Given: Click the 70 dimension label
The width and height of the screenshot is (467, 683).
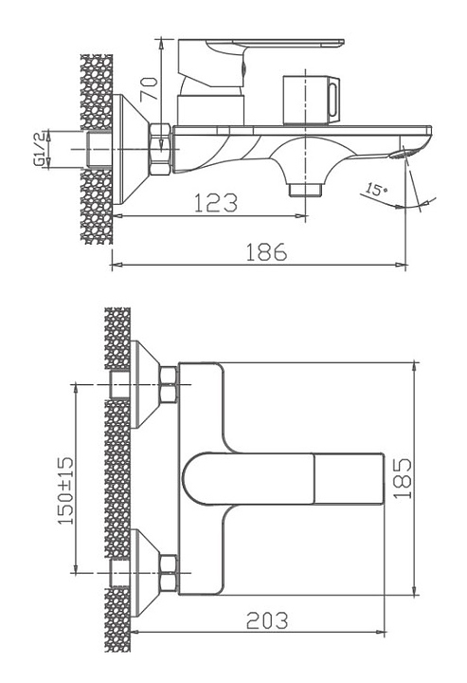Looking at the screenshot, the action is click(x=149, y=89).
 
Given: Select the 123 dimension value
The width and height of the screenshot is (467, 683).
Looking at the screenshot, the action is click(x=216, y=203).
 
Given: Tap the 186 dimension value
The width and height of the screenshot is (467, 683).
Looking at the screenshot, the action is click(x=266, y=252).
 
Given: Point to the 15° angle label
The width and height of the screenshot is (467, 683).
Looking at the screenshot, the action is click(x=376, y=190).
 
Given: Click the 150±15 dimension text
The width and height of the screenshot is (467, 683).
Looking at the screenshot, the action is click(x=66, y=490).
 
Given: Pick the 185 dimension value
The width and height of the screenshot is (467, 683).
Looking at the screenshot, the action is click(x=403, y=479).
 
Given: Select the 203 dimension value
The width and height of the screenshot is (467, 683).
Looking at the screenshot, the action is click(x=267, y=620).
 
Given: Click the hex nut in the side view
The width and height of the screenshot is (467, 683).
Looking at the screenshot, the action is click(x=160, y=149).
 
